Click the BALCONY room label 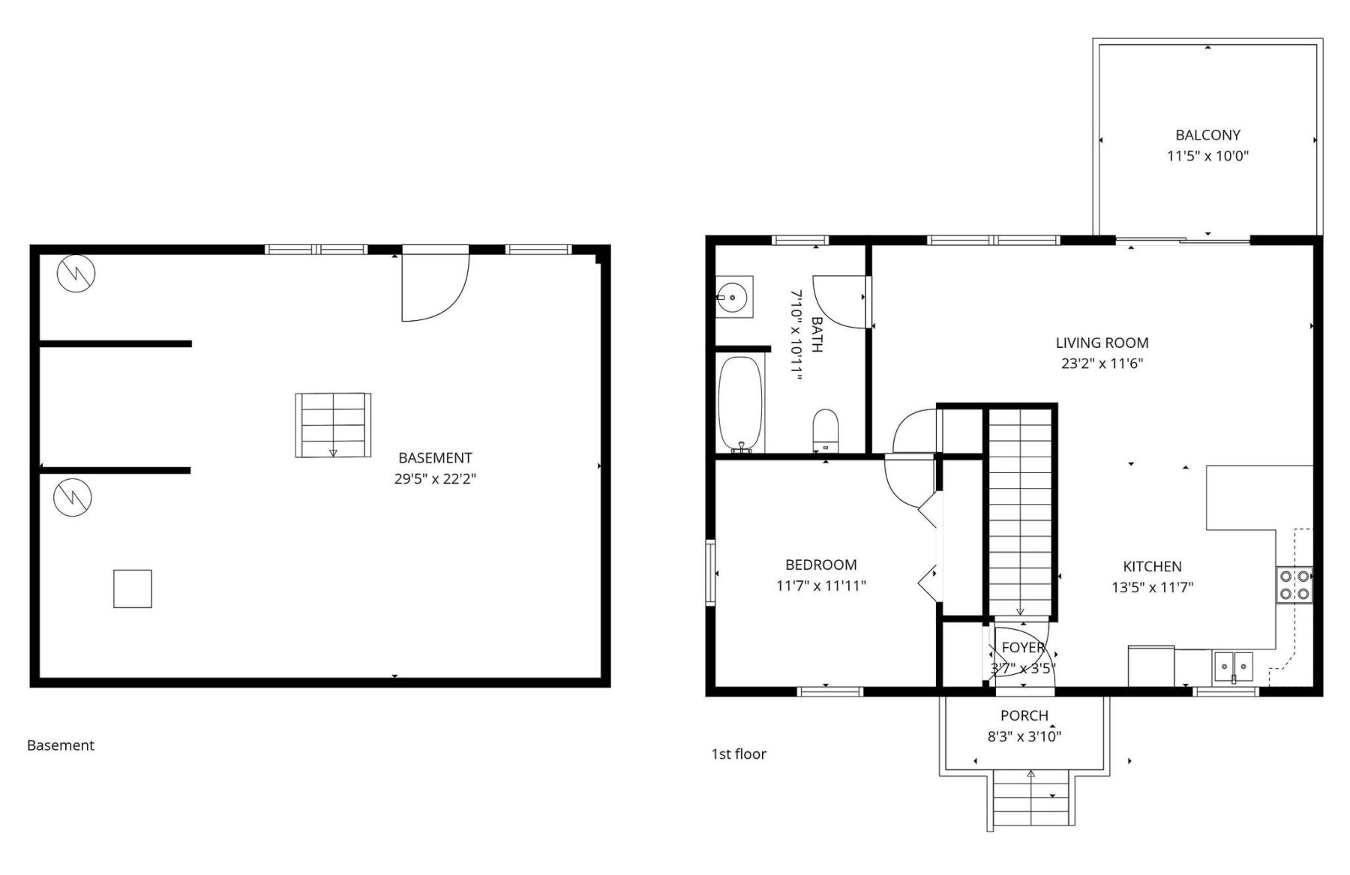[x=1207, y=136]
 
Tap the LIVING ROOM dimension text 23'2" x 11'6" [x=1102, y=364]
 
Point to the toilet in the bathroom [x=825, y=430]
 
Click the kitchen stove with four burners [x=1294, y=586]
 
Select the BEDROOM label [x=820, y=565]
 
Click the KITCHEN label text [x=1152, y=567]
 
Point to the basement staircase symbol [x=333, y=425]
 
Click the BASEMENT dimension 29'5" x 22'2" [x=435, y=479]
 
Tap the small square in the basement [x=133, y=589]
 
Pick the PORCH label [x=1024, y=716]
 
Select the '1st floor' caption [x=739, y=754]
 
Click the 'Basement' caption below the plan [x=61, y=745]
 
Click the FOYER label [x=1023, y=648]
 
